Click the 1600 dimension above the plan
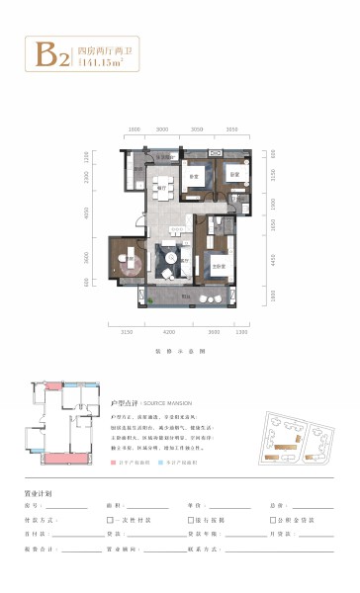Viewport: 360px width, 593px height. tap(135, 129)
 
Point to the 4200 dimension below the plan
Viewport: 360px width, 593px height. tap(169, 333)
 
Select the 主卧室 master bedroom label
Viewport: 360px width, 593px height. tap(220, 267)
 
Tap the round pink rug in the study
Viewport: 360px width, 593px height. tap(130, 261)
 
